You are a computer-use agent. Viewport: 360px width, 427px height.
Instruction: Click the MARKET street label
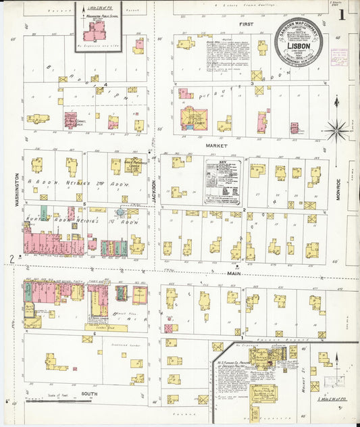pyautogui.click(x=217, y=145)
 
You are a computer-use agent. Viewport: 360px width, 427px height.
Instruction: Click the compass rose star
pyautogui.click(x=335, y=129)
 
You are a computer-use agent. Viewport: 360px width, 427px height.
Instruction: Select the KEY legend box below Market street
pyautogui.click(x=224, y=181)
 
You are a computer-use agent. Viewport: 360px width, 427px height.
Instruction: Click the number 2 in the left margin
pyautogui.click(x=11, y=258)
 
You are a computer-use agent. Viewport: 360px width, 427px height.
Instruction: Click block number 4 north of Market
pyautogui.click(x=105, y=84)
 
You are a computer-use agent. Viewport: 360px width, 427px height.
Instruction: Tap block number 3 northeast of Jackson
pyautogui.click(x=252, y=84)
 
